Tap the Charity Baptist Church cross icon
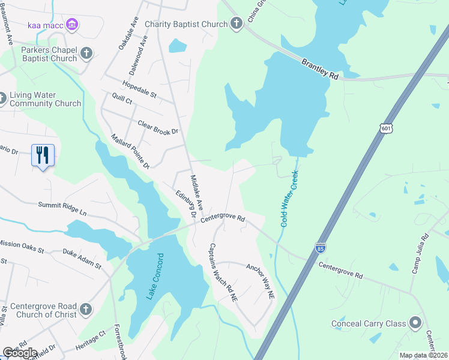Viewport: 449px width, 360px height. click(237, 24)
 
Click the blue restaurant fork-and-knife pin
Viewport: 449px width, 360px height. click(43, 155)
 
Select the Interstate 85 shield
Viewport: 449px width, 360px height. click(321, 247)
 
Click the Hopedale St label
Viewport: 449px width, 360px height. click(139, 89)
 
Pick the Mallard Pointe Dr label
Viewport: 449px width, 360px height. click(130, 151)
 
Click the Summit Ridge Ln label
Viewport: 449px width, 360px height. click(62, 209)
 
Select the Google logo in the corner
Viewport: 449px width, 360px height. click(20, 352)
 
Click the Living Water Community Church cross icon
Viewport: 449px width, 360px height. click(3, 98)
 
